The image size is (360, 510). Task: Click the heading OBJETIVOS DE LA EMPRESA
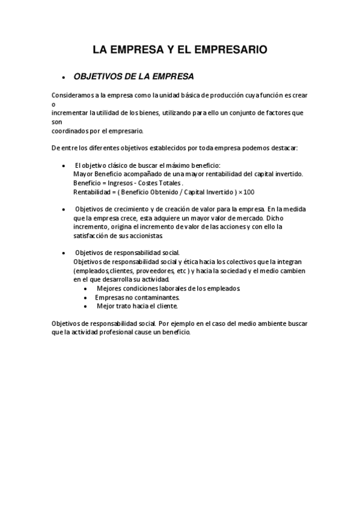133,77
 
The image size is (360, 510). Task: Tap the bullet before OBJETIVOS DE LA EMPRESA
63,78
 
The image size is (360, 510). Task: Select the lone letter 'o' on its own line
53,103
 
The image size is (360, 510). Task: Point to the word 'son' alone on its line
57,121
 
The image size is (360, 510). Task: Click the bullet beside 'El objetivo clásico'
64,165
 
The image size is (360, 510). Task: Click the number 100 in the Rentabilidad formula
249,192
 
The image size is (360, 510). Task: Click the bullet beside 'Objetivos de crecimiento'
64,209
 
